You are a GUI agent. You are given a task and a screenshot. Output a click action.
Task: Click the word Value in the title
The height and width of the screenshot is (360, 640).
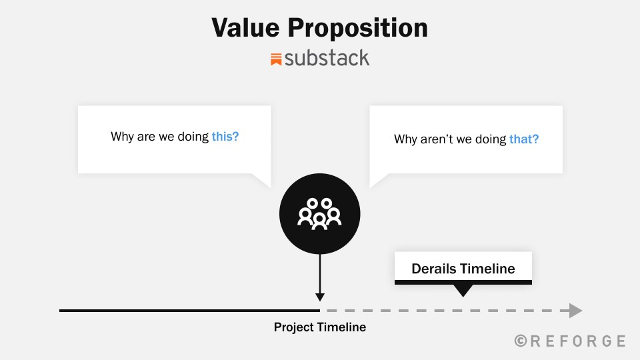246,28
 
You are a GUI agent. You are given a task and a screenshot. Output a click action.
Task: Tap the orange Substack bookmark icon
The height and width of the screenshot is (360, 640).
276,59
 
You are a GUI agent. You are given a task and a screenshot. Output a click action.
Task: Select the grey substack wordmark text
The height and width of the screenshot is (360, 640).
327,58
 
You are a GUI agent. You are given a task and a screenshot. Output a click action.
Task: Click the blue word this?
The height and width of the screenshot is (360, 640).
225,136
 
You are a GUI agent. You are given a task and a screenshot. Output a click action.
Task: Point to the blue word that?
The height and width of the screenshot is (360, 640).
524,139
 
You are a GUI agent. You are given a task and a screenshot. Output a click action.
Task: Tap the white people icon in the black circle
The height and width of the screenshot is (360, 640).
319,214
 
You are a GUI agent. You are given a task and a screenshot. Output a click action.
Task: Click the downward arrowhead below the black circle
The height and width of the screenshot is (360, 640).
320,297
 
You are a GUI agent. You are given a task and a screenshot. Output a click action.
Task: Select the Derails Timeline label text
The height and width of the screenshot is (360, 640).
463,269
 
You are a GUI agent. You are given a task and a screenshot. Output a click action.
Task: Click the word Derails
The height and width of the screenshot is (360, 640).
434,269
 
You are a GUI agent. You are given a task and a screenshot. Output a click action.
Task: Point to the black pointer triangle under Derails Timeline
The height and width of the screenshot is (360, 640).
463,290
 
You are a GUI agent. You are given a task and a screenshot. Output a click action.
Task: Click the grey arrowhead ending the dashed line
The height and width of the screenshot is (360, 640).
575,311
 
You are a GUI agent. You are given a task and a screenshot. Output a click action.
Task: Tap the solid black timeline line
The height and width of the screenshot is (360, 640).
189,311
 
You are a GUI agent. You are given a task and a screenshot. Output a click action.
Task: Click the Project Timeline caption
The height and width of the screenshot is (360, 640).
320,327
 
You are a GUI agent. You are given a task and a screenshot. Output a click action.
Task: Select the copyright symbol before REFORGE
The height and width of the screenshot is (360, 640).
521,341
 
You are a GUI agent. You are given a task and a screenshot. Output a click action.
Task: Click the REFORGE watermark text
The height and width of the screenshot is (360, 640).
577,341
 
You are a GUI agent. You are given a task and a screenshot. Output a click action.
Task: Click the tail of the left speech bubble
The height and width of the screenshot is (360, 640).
263,180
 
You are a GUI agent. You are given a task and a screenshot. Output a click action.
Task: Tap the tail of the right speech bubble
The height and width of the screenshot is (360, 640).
377,180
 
